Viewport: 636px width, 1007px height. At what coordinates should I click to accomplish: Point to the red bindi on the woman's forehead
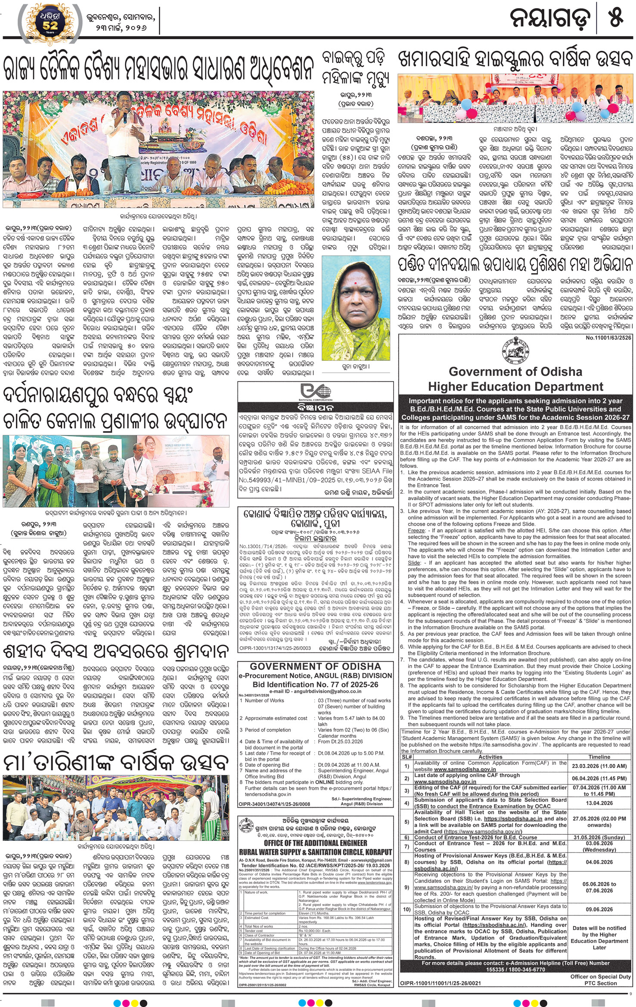[356, 285]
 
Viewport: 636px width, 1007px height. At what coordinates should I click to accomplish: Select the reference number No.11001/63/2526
[608, 338]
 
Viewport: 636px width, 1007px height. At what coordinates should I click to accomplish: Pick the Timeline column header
[599, 756]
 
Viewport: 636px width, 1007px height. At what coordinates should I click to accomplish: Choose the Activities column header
[490, 756]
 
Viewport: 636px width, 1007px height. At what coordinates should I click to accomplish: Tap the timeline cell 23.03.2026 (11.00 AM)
[599, 766]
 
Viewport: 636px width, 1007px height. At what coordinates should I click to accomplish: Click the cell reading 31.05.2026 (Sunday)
[599, 837]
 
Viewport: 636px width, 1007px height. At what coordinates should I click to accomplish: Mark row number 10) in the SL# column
[406, 909]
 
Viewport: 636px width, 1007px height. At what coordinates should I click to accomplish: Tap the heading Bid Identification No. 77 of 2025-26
[316, 685]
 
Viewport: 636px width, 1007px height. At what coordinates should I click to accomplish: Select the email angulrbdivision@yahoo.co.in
[316, 691]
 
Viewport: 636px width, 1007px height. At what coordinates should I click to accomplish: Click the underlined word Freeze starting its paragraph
[416, 531]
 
